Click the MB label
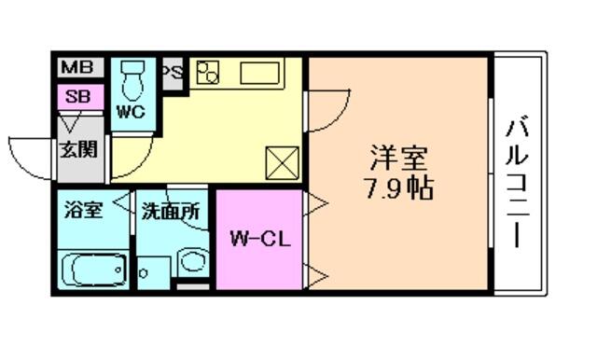pyautogui.click(x=77, y=67)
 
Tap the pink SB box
pyautogui.click(x=80, y=97)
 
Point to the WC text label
pyautogui.click(x=131, y=112)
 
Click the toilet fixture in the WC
pyautogui.click(x=132, y=80)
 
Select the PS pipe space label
pyautogui.click(x=173, y=72)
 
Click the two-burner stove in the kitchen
pyautogui.click(x=208, y=73)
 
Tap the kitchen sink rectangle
pyautogui.click(x=259, y=73)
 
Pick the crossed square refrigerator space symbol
pyautogui.click(x=282, y=163)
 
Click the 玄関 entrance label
pyautogui.click(x=79, y=149)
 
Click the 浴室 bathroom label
pyautogui.click(x=83, y=210)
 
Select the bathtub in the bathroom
pyautogui.click(x=93, y=270)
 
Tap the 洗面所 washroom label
pyautogui.click(x=171, y=212)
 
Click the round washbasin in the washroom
pyautogui.click(x=193, y=261)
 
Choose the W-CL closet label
pyautogui.click(x=260, y=240)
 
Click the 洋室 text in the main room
pyautogui.click(x=398, y=158)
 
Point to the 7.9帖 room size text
pyautogui.click(x=398, y=188)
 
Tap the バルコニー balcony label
pyautogui.click(x=516, y=184)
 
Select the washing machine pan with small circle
pyautogui.click(x=153, y=272)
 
